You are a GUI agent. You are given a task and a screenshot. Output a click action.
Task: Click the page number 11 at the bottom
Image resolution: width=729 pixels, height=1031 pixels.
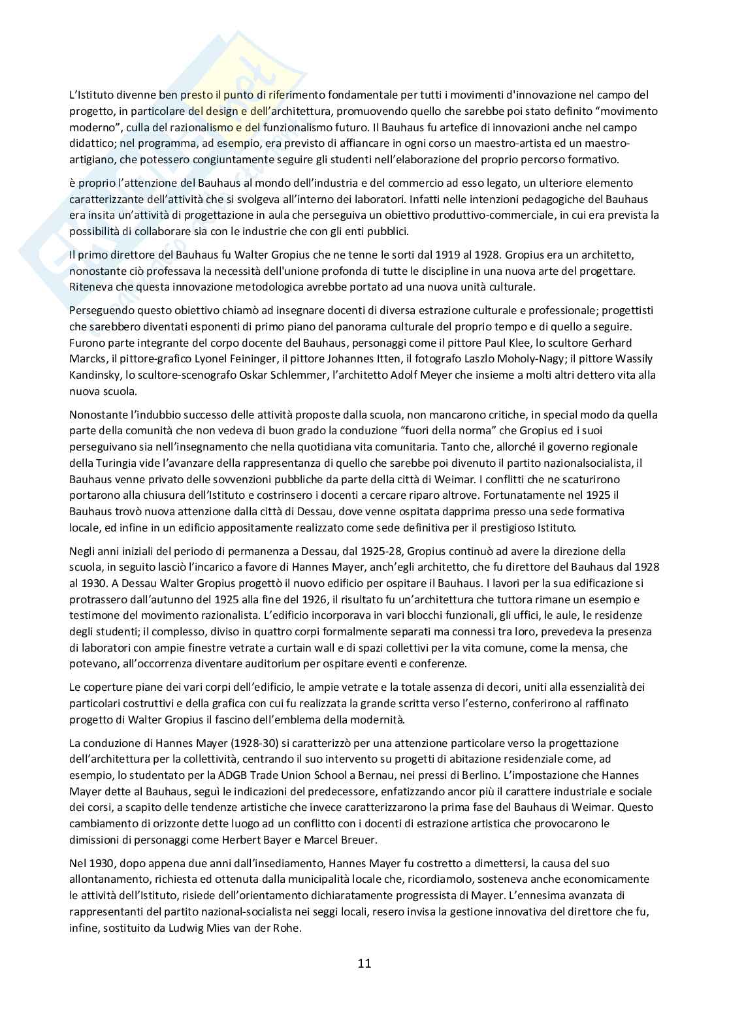(364, 962)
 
